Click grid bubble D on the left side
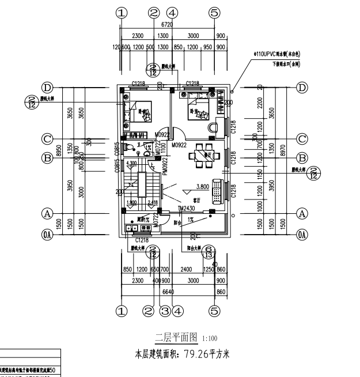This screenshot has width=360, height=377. point(47,88)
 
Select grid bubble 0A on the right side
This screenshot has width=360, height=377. point(301,235)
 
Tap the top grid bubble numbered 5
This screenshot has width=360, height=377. point(214,12)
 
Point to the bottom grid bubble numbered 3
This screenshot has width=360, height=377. point(164,311)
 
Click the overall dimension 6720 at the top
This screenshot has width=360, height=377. point(167,25)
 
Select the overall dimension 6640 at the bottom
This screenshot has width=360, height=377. point(168,292)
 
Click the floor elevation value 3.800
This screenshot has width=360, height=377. point(202,186)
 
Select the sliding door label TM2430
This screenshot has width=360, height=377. point(187,209)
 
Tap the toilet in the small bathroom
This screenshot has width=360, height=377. point(131,148)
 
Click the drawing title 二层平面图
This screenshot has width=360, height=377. point(176,337)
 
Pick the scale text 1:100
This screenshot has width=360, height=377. point(210,338)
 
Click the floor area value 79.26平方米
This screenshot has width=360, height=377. point(207,353)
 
